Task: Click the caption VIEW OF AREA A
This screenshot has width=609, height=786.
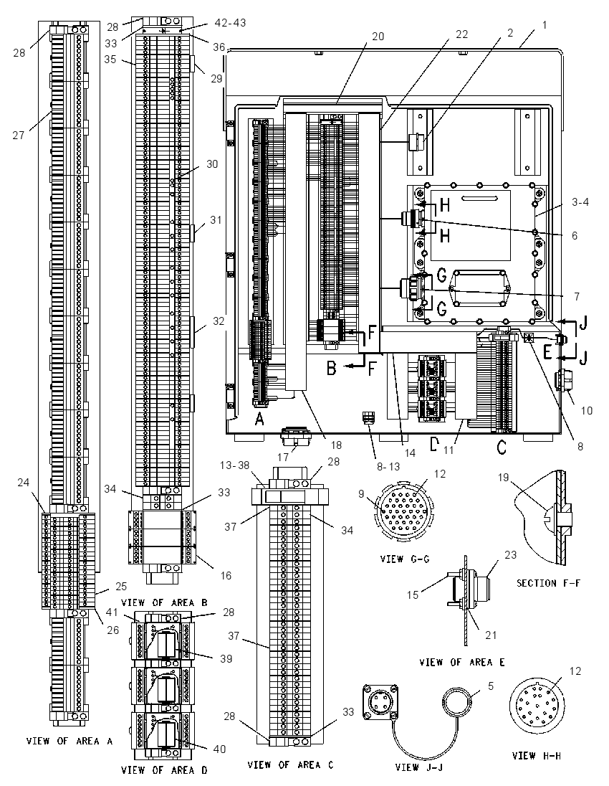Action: [x=69, y=742]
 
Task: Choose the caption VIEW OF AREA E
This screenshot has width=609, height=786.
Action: [x=461, y=662]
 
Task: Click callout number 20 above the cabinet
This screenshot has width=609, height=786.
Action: [x=378, y=36]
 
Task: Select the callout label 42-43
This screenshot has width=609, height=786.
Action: [x=230, y=23]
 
